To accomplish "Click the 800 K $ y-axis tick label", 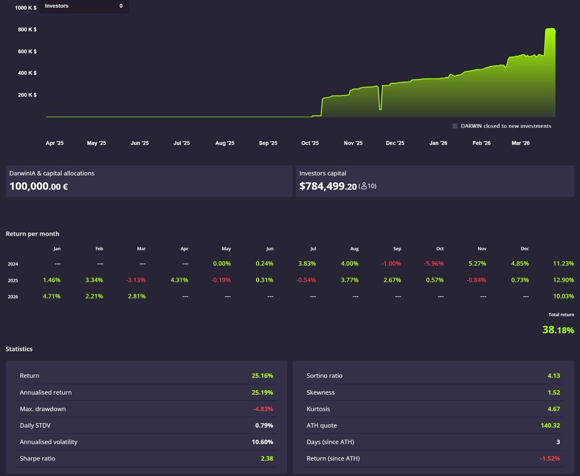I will pos(28,29).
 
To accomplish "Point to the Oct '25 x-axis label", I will pos(310,143).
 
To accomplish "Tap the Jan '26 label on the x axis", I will pos(438,143).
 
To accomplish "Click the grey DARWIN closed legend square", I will pos(455,126).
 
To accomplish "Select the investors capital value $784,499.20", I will pos(328,186).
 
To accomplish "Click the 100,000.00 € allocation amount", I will pos(39,186).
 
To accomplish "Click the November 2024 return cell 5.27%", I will pos(476,264).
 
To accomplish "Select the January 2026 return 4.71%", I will pos(52,296).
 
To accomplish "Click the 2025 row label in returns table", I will pos(13,280).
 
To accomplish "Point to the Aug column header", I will pos(354,249).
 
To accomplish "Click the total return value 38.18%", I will pos(558,330).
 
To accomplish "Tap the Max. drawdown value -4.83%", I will pos(263,409).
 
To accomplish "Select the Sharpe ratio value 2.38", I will pos(267,458).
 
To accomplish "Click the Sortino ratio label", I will pos(324,376).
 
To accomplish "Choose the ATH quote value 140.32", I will pos(550,425).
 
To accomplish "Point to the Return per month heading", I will pos(32,234).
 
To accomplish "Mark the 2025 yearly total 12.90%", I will pos(563,280).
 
